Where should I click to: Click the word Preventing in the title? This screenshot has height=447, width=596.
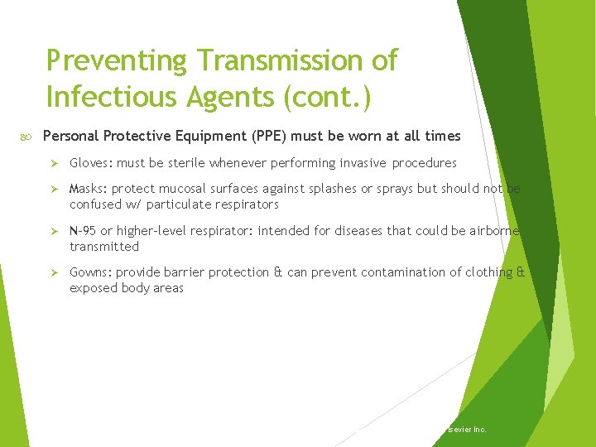tap(116, 61)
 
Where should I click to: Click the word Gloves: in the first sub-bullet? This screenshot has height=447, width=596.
tap(91, 163)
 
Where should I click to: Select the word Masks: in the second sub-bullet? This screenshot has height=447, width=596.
tap(89, 189)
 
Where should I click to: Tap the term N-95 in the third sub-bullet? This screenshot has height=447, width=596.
tap(83, 231)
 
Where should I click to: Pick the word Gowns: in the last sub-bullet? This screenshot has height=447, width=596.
tap(91, 272)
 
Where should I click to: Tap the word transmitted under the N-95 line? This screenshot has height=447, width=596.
tap(104, 247)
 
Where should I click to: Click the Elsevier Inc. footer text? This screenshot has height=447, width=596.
tap(465, 430)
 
